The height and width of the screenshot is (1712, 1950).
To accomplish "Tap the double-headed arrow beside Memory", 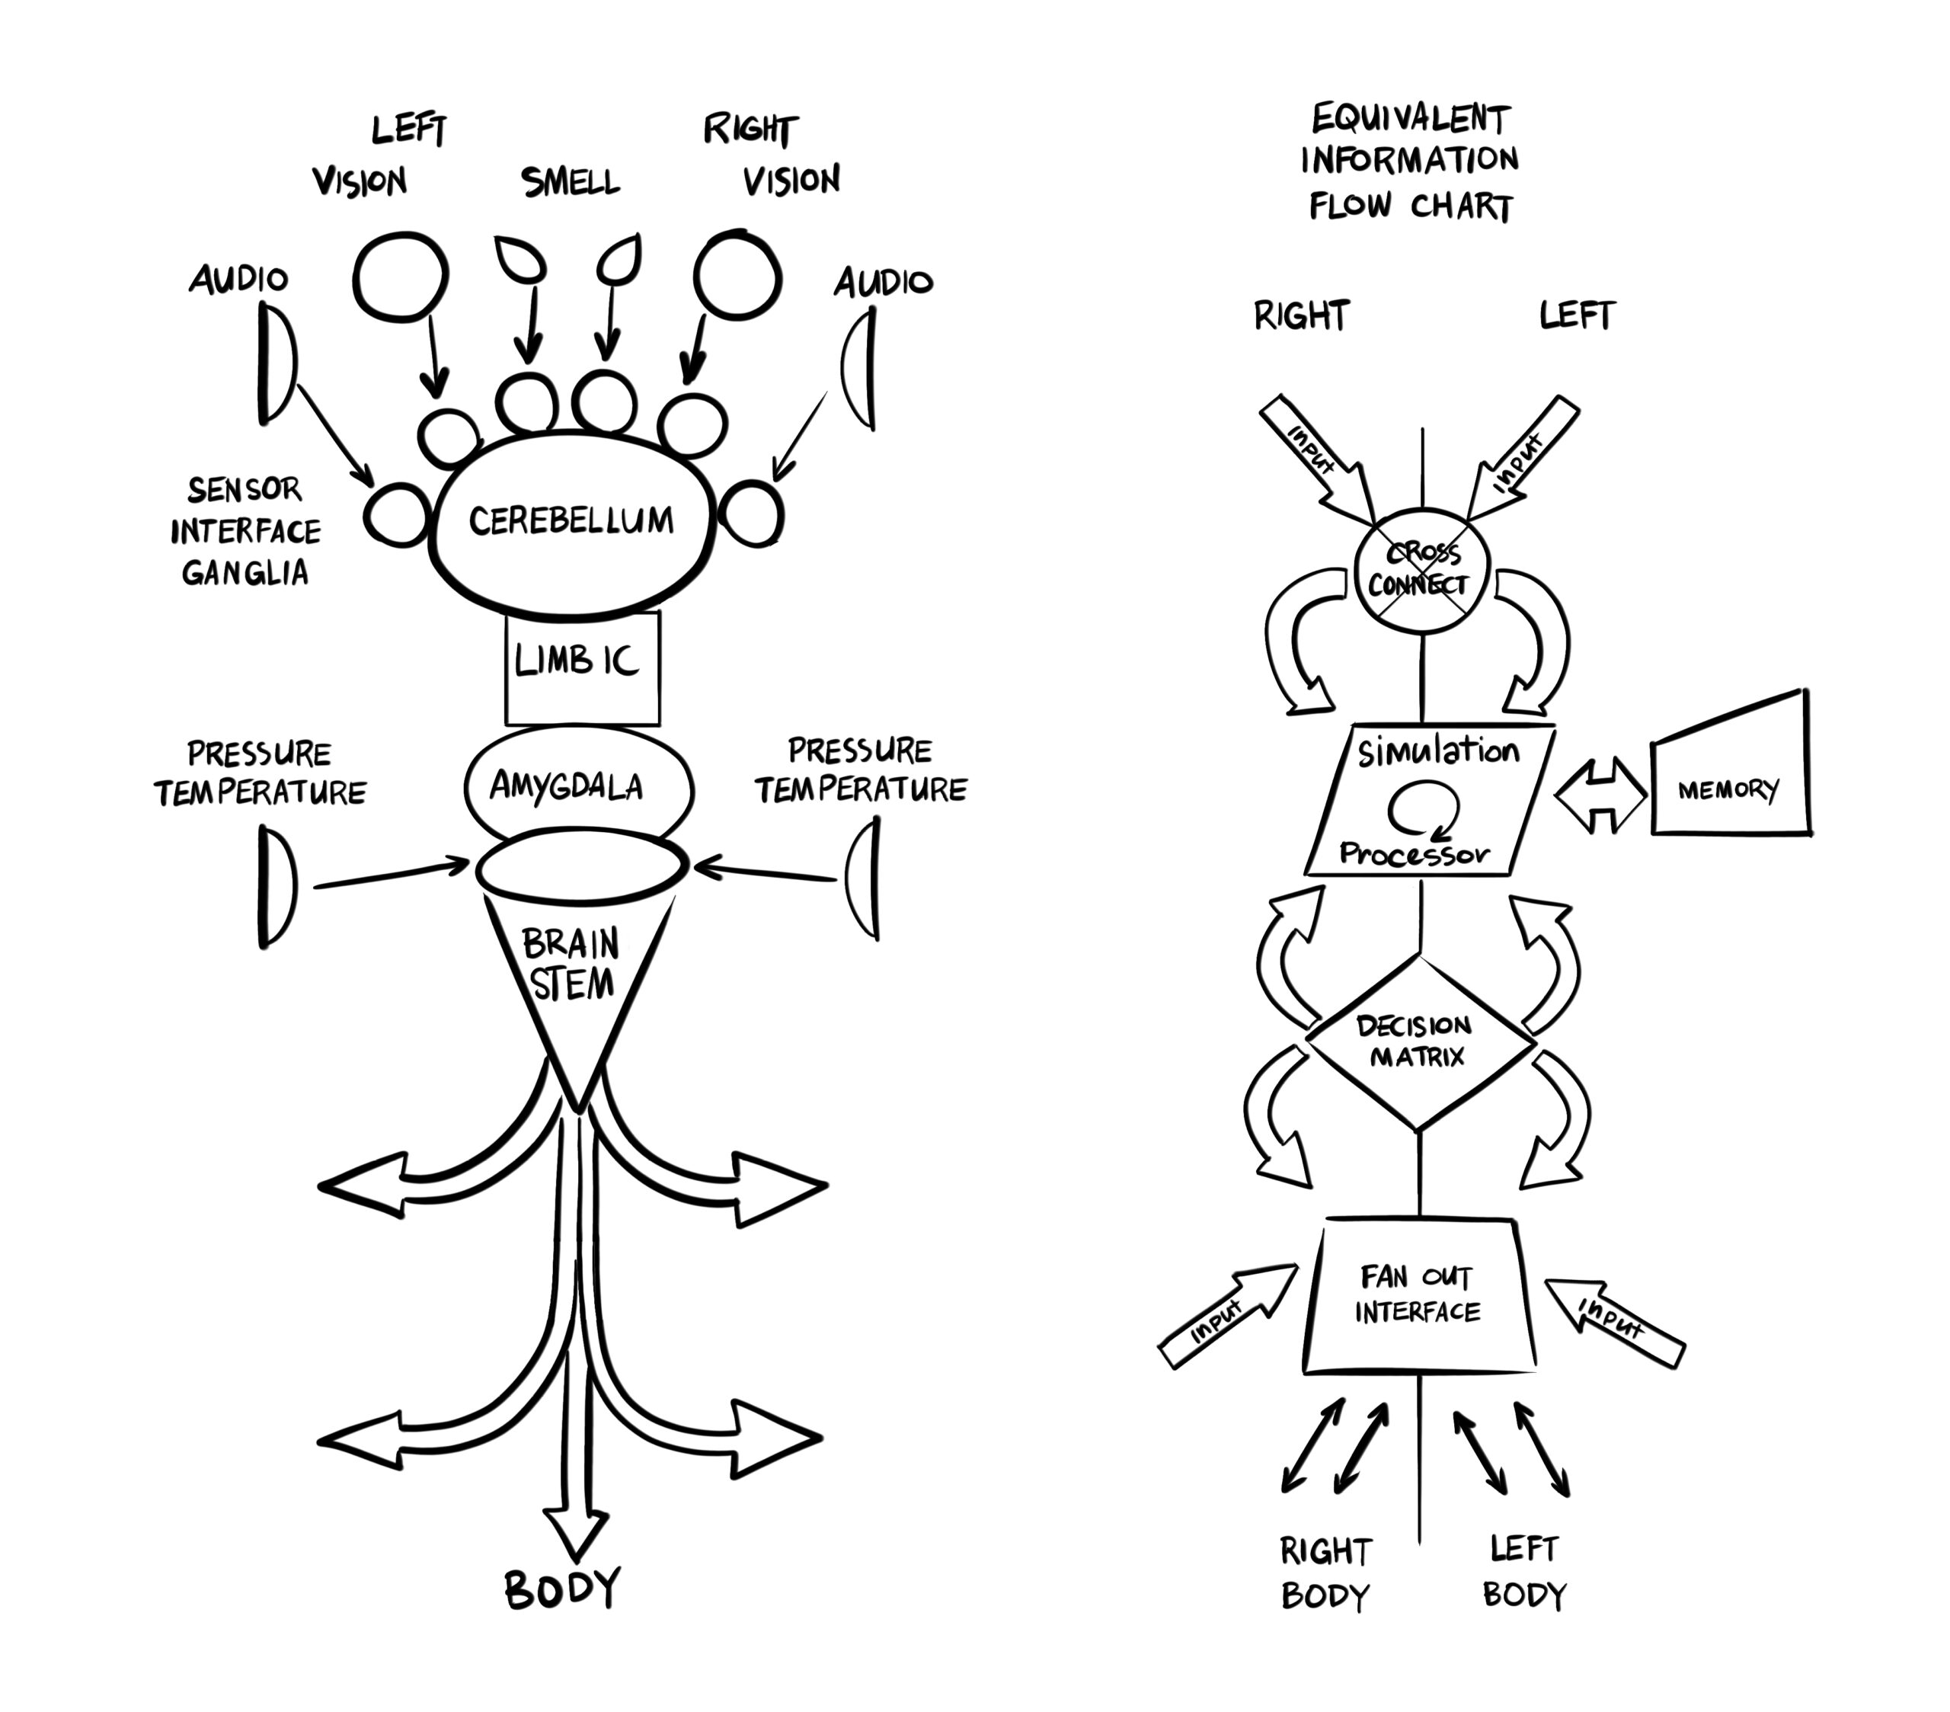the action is click(1602, 794).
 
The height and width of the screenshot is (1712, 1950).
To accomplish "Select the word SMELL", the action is click(571, 181).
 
